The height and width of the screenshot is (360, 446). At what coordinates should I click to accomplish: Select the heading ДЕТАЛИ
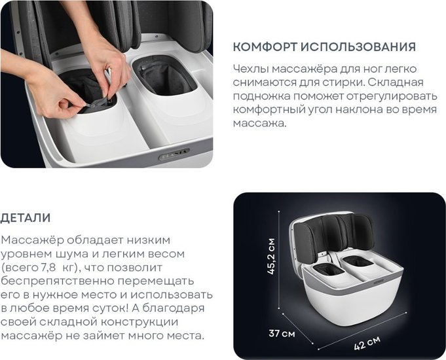(x=26, y=218)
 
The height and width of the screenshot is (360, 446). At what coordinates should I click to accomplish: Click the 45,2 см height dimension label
(x=272, y=256)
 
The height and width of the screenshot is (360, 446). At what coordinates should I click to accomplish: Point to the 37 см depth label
(x=282, y=333)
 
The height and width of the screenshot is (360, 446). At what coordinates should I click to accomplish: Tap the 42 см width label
(x=367, y=343)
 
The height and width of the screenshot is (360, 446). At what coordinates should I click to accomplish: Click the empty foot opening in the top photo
(x=164, y=75)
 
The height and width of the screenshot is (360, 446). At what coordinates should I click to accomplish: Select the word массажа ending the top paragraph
(x=259, y=124)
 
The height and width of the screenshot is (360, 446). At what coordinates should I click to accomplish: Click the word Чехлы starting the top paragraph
(x=250, y=69)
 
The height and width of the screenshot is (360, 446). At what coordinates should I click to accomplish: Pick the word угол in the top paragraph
(x=320, y=110)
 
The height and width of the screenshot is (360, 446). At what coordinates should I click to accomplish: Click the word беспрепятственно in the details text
(x=58, y=281)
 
